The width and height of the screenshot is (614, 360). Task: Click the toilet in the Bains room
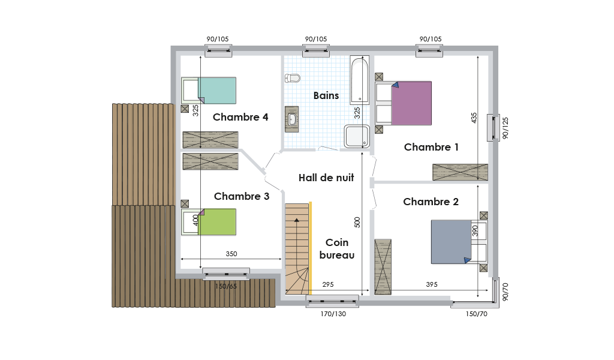click(292, 79)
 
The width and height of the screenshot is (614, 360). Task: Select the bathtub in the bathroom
click(360, 80)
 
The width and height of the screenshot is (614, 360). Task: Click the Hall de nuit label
click(326, 178)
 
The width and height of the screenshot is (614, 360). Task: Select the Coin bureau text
click(337, 249)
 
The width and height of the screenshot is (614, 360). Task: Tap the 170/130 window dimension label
click(333, 314)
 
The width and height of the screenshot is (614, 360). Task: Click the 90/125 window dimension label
click(505, 128)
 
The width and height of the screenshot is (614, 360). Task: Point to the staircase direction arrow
click(297, 254)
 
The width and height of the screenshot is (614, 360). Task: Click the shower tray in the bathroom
click(357, 136)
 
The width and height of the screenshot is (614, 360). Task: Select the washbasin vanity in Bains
click(291, 119)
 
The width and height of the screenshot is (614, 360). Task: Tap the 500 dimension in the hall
click(357, 223)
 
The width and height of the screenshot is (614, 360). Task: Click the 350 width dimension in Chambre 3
click(231, 254)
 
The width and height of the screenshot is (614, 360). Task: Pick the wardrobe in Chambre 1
click(460, 172)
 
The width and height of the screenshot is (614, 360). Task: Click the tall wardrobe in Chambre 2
click(383, 267)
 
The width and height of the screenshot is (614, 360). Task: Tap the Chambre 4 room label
click(240, 117)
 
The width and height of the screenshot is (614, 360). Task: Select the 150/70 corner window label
click(477, 314)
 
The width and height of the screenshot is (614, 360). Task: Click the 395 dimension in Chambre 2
click(432, 284)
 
